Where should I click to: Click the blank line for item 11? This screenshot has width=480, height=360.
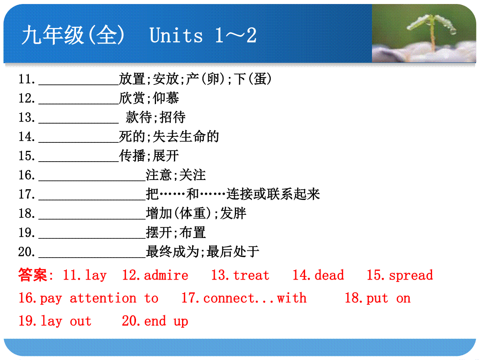coord(79,84)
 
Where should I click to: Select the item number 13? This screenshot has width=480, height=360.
coord(26,117)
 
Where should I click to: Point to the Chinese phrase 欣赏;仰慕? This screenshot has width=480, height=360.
coord(149,98)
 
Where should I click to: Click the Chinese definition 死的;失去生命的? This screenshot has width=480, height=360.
coord(169,137)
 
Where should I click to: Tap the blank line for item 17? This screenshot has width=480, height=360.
coord(92,200)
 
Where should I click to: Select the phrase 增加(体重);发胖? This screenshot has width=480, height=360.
coord(196,213)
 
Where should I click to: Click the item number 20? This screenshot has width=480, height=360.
coord(26,252)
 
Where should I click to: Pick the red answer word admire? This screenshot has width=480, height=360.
coord(166,275)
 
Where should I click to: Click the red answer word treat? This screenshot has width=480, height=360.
coord(251,275)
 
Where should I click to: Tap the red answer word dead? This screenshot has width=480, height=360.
coord(329,275)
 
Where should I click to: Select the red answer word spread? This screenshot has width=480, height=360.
coord(411,276)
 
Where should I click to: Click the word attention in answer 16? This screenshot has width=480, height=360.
coord(103,298)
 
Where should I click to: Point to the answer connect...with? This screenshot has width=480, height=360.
coord(255,298)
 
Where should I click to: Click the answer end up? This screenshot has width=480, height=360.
coord(166,321)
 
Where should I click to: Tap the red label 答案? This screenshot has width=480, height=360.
coord(32,275)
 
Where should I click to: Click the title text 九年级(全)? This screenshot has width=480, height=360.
coord(73,35)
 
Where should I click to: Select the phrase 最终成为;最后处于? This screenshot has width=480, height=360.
coord(202,252)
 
